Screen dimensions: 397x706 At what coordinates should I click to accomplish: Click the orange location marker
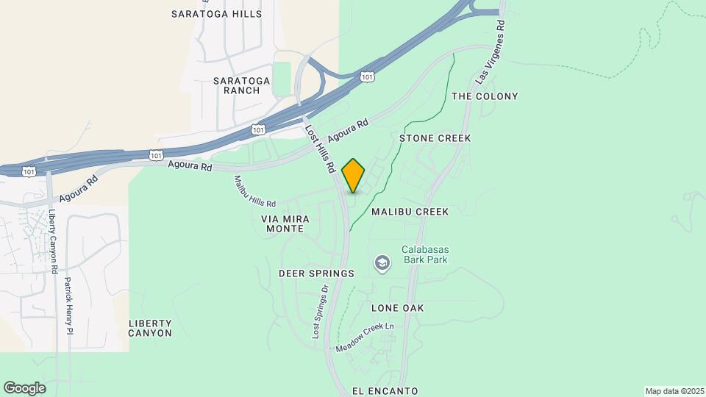tap(354, 176)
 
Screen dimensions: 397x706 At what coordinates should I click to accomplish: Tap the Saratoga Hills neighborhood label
tap(216, 14)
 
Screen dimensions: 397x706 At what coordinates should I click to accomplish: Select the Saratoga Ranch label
tap(236, 85)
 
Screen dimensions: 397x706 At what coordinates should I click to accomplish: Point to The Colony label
tap(485, 96)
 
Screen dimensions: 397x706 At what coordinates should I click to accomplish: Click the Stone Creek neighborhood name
tap(435, 138)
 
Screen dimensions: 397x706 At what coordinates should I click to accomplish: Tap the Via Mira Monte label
tap(285, 224)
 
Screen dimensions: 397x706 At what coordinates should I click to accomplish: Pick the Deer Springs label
tap(316, 273)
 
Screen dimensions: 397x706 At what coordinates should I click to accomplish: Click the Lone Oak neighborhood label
tap(398, 308)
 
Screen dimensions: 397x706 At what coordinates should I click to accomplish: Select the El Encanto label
tap(385, 391)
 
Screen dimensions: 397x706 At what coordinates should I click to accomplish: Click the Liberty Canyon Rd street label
tap(53, 242)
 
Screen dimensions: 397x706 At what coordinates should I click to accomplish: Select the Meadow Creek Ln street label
tap(366, 337)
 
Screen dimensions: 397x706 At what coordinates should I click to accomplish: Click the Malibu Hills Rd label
tap(255, 191)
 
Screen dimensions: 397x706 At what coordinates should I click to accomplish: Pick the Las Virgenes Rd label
tap(491, 51)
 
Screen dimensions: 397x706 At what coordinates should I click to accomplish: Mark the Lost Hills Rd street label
tap(321, 148)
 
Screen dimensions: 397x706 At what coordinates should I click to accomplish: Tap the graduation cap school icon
tap(382, 262)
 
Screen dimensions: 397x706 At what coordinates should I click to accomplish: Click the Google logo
tap(24, 388)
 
